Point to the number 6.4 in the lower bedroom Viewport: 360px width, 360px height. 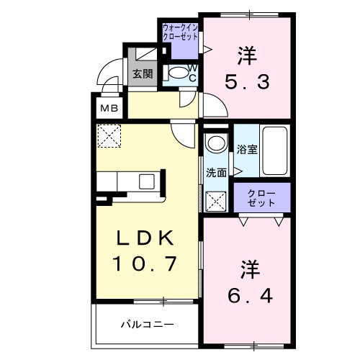pyautogui.click(x=246, y=295)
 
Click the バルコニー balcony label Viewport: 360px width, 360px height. pyautogui.click(x=147, y=325)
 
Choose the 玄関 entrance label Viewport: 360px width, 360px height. pyautogui.click(x=142, y=73)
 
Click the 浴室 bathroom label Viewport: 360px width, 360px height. pyautogui.click(x=247, y=149)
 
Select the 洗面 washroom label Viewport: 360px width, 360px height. pyautogui.click(x=217, y=173)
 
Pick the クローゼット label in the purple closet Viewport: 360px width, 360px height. pyautogui.click(x=261, y=199)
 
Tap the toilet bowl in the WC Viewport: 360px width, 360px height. pyautogui.click(x=177, y=73)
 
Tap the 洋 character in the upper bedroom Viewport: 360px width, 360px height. pyautogui.click(x=248, y=53)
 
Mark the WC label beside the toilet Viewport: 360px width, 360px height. pyautogui.click(x=194, y=72)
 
